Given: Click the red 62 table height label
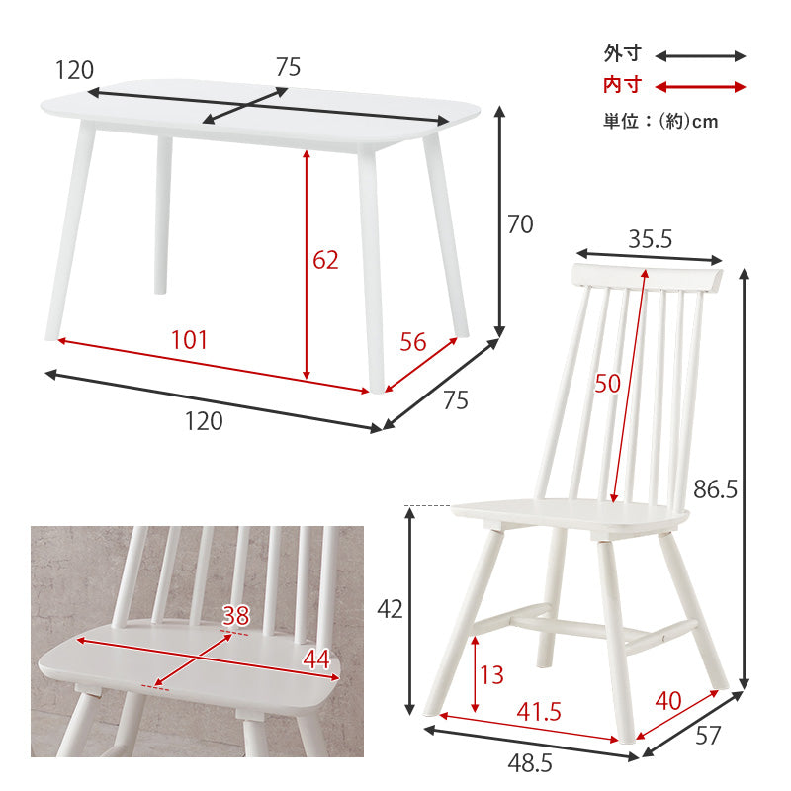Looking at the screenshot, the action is tap(325, 260).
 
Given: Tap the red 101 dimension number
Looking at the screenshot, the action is tap(189, 340).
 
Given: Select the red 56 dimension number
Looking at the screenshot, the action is tap(413, 342).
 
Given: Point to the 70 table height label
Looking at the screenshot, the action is tap(520, 224).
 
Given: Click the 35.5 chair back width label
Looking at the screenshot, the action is tap(650, 239).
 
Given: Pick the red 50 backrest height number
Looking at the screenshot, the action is tap(607, 384).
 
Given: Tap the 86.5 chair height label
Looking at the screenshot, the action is tap(715, 489).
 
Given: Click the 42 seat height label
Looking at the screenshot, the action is tap(390, 609).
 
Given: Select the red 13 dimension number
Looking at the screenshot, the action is tap(491, 675).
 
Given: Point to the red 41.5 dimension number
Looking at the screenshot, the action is tap(539, 712).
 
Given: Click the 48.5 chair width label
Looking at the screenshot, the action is tap(530, 763).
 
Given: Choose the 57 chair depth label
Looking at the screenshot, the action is tap(708, 736).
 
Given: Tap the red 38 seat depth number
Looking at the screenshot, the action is tap(236, 616).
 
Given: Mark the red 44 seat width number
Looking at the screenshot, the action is tap(316, 659).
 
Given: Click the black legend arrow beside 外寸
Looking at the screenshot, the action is tap(700, 56).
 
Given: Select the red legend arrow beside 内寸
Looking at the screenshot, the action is tap(700, 87).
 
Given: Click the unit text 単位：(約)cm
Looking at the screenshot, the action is tap(660, 121).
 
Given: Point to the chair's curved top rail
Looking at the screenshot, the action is tap(649, 277).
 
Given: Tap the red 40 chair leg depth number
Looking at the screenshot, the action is tap(668, 701).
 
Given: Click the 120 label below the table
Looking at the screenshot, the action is tap(204, 421).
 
